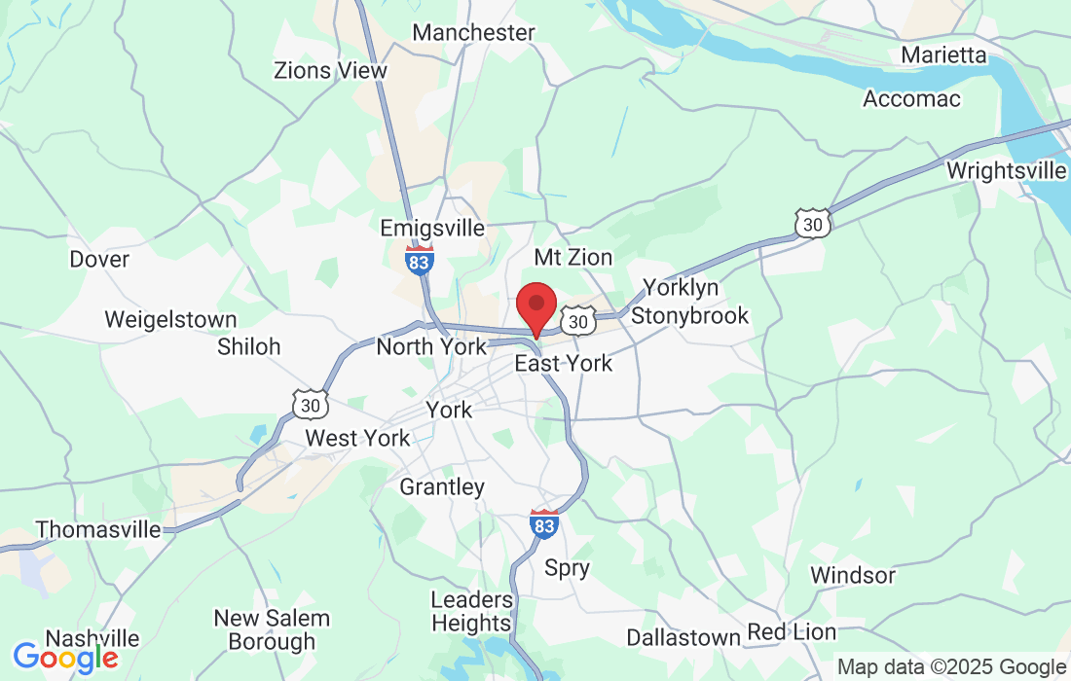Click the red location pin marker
click(535, 305)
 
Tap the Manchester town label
click(473, 32)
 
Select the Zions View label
click(330, 70)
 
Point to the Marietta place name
click(943, 54)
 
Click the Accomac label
click(911, 98)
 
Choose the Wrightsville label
click(1006, 170)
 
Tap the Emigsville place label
click(432, 228)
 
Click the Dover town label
click(99, 259)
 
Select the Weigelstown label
click(170, 319)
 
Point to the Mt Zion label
click(573, 257)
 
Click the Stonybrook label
click(690, 315)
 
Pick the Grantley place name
click(442, 486)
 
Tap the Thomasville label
click(98, 529)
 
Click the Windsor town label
click(852, 575)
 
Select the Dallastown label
click(683, 637)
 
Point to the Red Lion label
click(791, 631)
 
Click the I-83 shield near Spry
click(544, 523)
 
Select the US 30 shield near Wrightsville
click(811, 223)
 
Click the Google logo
click(64, 658)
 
